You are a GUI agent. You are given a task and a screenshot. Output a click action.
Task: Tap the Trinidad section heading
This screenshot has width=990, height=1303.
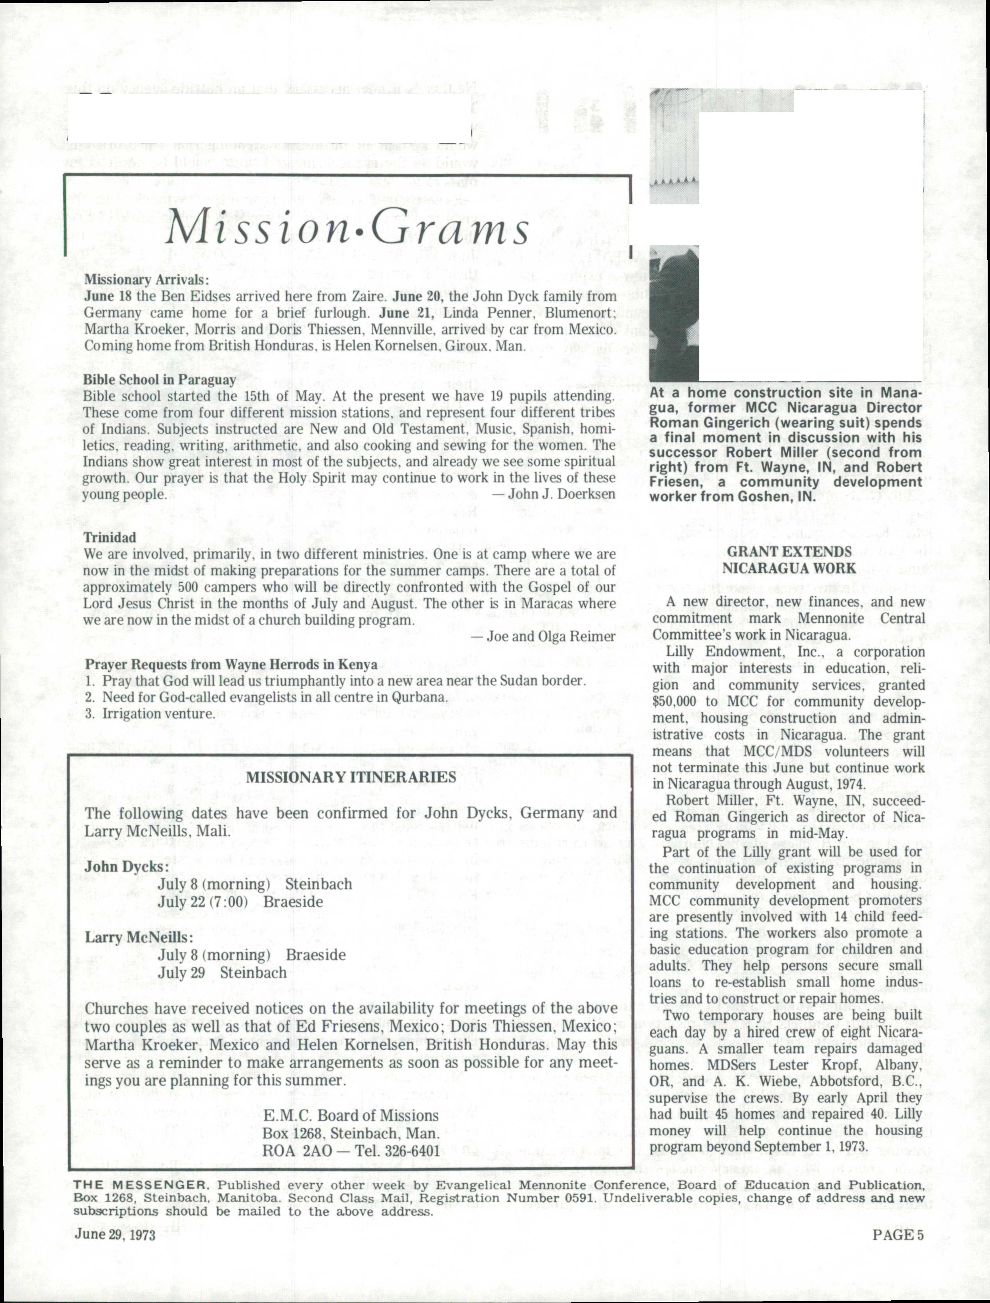click(x=110, y=538)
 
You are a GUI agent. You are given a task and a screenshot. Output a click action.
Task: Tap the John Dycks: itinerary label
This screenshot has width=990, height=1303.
click(x=127, y=867)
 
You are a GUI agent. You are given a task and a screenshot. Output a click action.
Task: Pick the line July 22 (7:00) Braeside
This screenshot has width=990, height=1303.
click(x=240, y=902)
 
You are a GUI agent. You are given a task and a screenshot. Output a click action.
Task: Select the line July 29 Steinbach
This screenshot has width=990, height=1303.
click(x=222, y=973)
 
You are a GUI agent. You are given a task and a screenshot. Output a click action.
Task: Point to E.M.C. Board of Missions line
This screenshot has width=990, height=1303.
click(x=350, y=1115)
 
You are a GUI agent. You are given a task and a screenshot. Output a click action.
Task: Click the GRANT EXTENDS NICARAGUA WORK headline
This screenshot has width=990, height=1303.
click(x=788, y=560)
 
